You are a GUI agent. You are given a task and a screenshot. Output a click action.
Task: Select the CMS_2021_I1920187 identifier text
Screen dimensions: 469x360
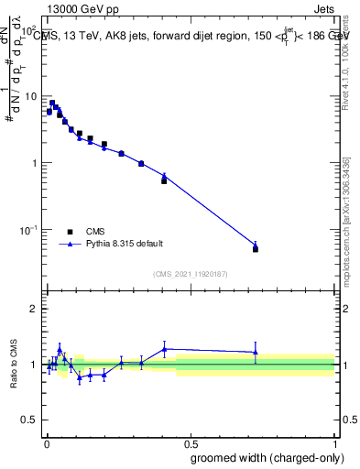coord(191,274)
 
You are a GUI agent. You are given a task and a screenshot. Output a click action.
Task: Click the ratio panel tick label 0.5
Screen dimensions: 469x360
coord(30,420)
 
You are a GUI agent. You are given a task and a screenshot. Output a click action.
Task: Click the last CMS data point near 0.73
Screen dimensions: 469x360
coord(256,249)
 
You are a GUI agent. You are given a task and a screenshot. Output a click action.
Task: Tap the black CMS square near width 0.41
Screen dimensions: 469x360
coord(164,180)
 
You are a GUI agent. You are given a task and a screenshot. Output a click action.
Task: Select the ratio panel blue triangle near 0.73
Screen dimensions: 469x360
coord(256,353)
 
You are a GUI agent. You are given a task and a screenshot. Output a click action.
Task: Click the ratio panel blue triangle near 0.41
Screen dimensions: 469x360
coord(164,349)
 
